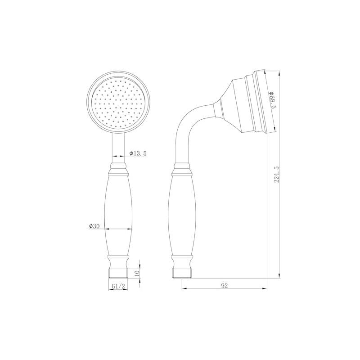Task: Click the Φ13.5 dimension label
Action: point(138,153)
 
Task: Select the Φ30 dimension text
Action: point(94,226)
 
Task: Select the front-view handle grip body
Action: point(118,214)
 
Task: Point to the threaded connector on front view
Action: point(118,272)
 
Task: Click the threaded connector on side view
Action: point(182,272)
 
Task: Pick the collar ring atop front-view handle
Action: point(118,171)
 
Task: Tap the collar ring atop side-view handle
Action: point(182,171)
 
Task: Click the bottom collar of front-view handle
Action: point(118,261)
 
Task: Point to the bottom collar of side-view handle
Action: point(182,261)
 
